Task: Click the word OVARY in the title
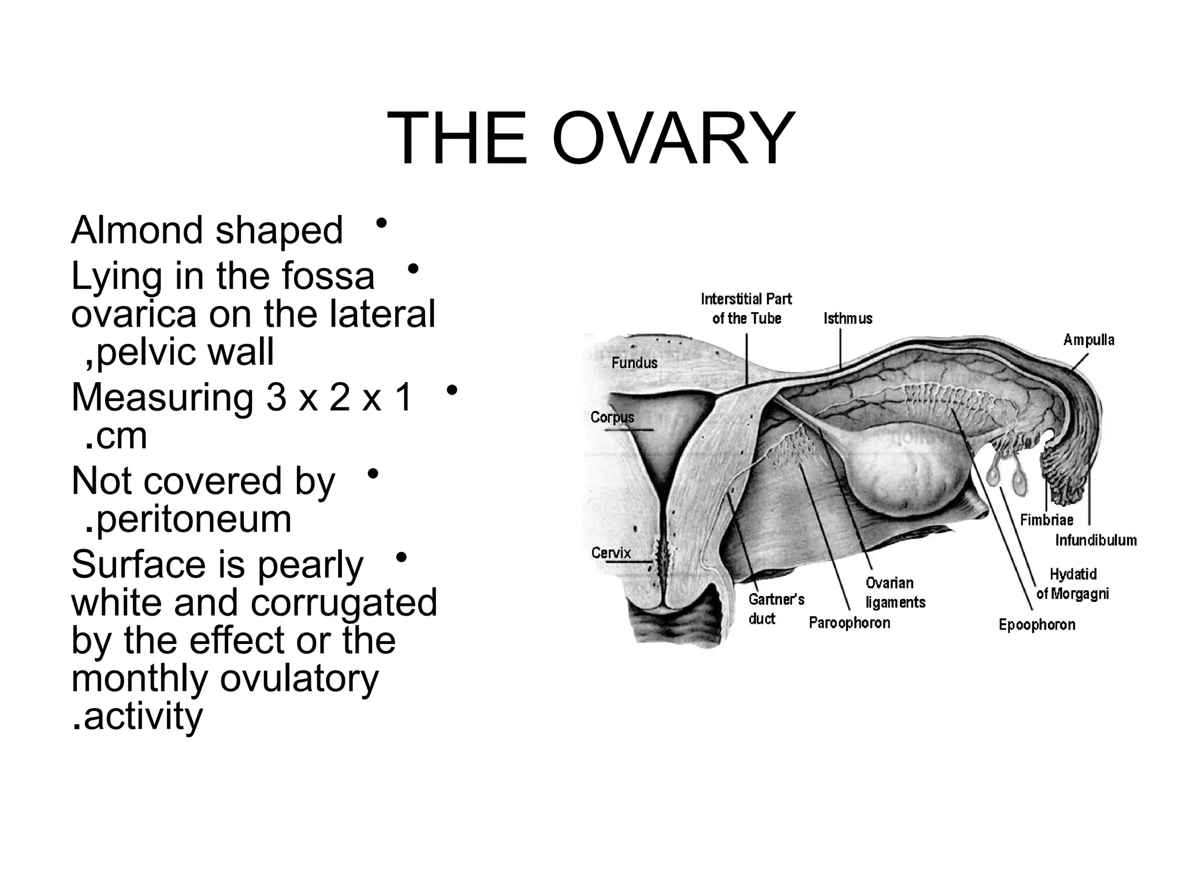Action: click(x=674, y=139)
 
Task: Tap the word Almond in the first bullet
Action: click(x=136, y=230)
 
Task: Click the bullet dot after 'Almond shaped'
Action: click(x=381, y=223)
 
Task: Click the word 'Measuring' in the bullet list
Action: click(x=162, y=398)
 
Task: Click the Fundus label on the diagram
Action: click(x=634, y=363)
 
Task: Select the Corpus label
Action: click(x=612, y=417)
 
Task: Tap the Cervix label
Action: click(x=611, y=553)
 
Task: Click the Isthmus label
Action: click(x=847, y=319)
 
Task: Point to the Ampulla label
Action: click(x=1088, y=340)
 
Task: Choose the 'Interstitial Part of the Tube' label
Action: click(x=746, y=309)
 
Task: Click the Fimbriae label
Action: click(x=1046, y=520)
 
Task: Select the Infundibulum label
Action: click(x=1095, y=540)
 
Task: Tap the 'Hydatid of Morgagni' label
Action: click(x=1073, y=584)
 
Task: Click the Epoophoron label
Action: click(x=1036, y=625)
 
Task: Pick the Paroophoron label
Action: click(x=849, y=623)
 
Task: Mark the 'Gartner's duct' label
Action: click(x=776, y=609)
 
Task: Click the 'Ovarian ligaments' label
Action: click(x=895, y=593)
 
